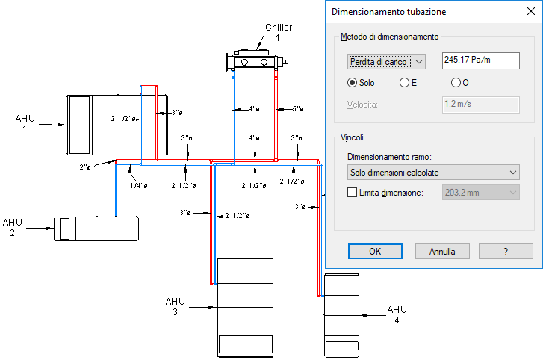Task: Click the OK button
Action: coord(375,251)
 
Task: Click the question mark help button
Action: coord(506,251)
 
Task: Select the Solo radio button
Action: coord(353,83)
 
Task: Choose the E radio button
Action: coord(405,83)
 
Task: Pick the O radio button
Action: coord(456,83)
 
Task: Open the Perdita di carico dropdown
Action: coord(385,61)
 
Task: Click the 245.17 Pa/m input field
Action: coord(480,60)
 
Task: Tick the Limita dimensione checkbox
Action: coord(353,193)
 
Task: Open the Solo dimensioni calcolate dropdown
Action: coord(434,173)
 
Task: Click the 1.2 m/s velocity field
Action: coord(480,104)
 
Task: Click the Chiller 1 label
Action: coord(278,32)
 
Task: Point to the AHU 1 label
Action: coord(25,123)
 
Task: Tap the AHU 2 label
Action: coord(13,227)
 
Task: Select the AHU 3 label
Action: coord(175,306)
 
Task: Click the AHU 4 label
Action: coord(397,314)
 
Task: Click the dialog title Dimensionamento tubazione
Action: coord(388,12)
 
